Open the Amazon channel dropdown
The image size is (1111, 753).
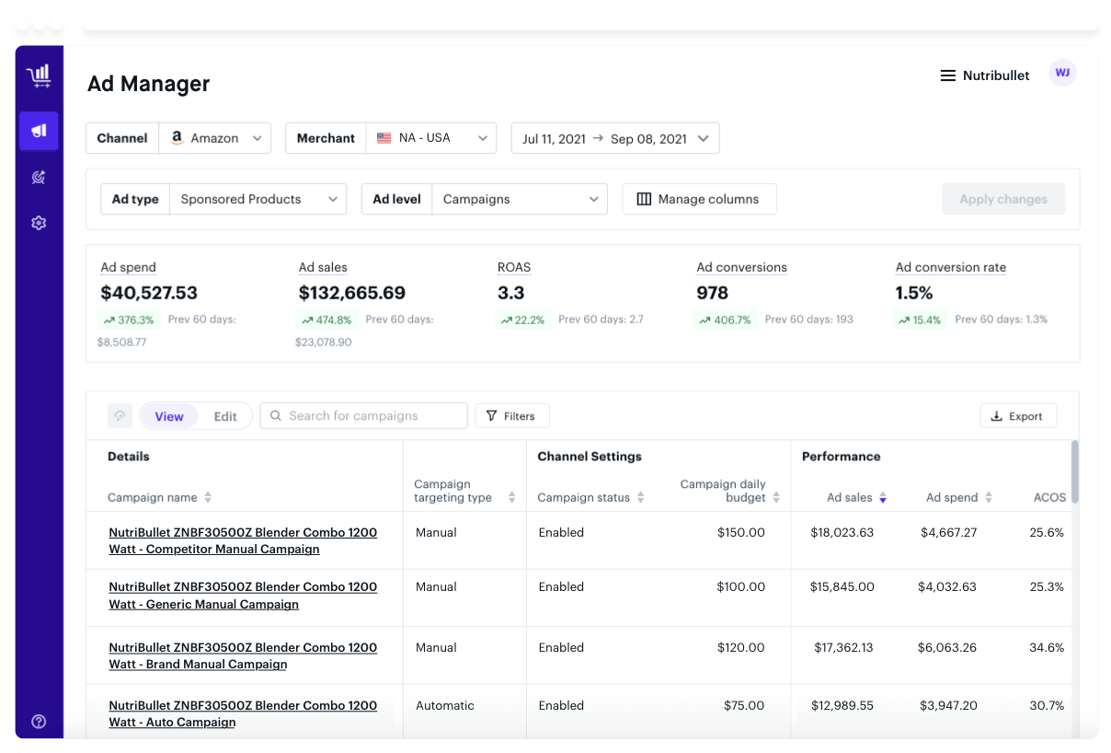[215, 138]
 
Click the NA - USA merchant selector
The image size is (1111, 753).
[430, 138]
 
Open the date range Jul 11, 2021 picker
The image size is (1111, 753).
[615, 138]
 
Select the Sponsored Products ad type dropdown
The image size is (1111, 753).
[258, 199]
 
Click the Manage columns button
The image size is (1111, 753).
[699, 199]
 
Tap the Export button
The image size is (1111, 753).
[1018, 416]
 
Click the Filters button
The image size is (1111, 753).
[512, 416]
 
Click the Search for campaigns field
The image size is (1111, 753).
[363, 415]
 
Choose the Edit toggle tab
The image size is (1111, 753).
[225, 416]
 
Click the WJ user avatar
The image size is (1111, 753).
[1062, 73]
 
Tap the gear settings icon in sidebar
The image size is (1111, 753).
[39, 223]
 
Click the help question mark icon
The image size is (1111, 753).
[39, 721]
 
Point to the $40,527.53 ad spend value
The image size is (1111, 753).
[149, 293]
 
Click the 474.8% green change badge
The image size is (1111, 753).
[327, 319]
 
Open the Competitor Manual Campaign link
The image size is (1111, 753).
[243, 540]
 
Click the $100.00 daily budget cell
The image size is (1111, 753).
[740, 586]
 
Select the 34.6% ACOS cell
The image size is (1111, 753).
[1047, 647]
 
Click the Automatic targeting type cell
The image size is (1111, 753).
[444, 705]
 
